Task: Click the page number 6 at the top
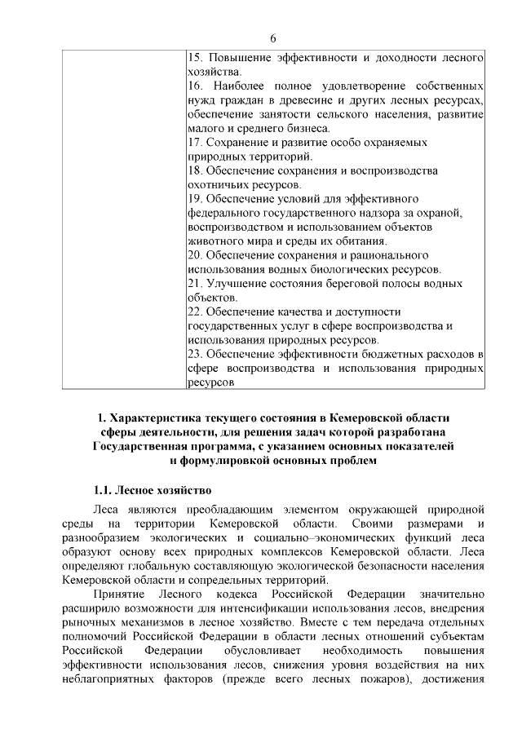click(273, 38)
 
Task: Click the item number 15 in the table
click(195, 58)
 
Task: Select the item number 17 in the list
click(195, 142)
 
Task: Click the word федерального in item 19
click(225, 213)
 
